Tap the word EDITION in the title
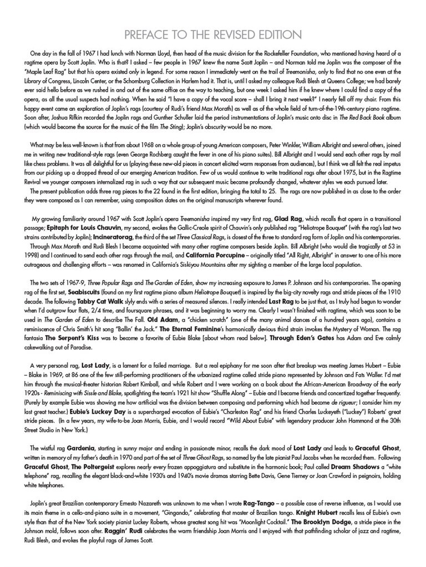click(280, 34)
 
